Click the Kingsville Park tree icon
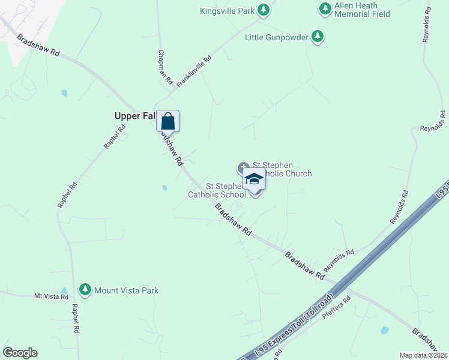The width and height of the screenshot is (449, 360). coord(263,10)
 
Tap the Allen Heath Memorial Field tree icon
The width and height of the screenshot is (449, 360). coord(325,9)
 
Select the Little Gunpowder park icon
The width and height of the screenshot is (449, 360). coord(318,37)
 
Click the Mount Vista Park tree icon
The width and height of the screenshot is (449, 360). coord(86,290)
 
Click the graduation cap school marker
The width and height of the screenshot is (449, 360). coord(255,179)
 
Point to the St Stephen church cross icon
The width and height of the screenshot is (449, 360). coord(243,167)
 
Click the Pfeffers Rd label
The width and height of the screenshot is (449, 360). coord(336,310)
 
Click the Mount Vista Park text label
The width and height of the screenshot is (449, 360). coord(127,290)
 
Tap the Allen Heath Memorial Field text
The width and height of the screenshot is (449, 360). coord(362,10)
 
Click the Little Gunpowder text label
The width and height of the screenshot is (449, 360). coord(277,37)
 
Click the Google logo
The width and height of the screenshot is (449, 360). coord(20,353)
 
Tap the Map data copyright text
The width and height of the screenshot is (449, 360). coord(424,355)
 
